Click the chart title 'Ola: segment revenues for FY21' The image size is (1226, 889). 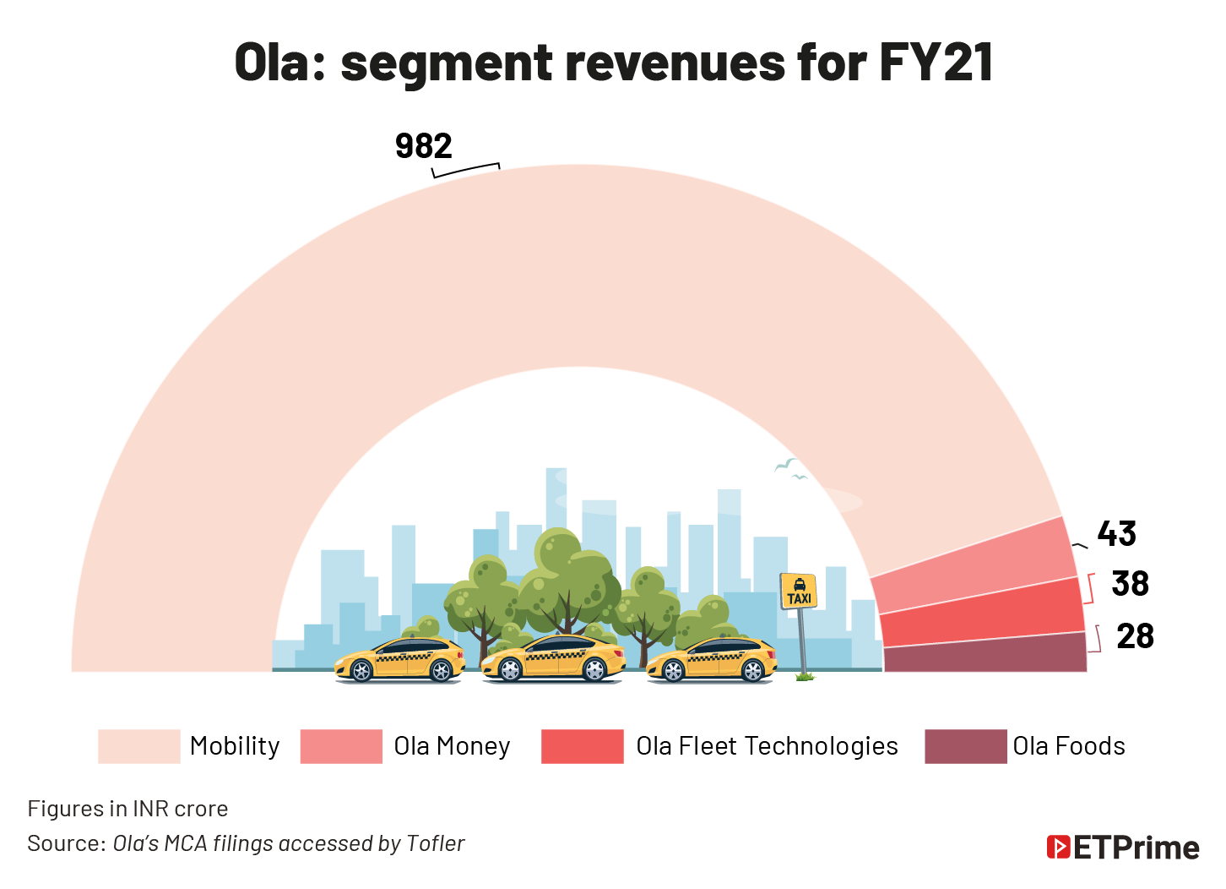(x=613, y=63)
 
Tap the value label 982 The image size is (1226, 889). (x=423, y=146)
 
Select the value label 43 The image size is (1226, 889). (x=1116, y=534)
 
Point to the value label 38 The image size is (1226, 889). (x=1130, y=584)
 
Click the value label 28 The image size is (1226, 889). (x=1135, y=636)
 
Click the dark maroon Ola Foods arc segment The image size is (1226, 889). (x=985, y=654)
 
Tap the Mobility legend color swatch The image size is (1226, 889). (x=138, y=746)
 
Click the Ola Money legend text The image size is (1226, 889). (x=452, y=746)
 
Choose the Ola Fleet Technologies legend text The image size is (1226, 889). (x=767, y=746)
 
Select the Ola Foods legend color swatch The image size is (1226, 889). (x=965, y=746)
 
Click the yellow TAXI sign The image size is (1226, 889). (x=798, y=592)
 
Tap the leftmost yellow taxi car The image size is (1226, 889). (x=400, y=660)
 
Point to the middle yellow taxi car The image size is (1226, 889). (x=553, y=659)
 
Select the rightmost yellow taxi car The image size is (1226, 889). (x=711, y=660)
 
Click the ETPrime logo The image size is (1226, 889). (x=1122, y=847)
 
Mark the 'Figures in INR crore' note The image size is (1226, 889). (x=127, y=809)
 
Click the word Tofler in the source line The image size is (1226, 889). (x=435, y=843)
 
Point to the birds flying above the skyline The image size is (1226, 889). (x=790, y=469)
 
